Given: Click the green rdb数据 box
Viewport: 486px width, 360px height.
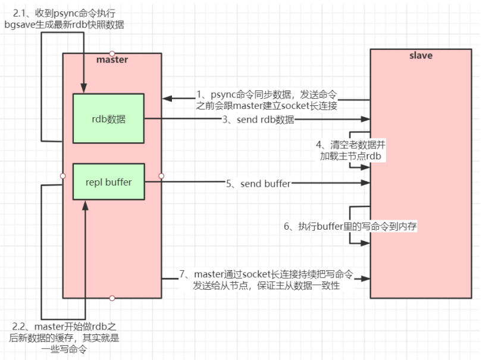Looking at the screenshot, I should tap(109, 118).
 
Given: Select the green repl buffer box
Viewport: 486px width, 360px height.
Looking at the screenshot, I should tap(109, 181).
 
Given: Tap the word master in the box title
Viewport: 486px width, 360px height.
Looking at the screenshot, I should tap(112, 60).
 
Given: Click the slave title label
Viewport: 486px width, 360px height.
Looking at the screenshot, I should tap(421, 56).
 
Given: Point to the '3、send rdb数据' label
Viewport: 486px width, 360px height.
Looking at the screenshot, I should tap(259, 120).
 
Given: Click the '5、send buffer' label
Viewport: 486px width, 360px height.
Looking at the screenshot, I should tap(258, 184).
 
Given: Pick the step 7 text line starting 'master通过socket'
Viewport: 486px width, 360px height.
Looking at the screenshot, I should tap(266, 274).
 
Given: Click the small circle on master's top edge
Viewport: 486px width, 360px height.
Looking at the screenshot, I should tap(112, 54).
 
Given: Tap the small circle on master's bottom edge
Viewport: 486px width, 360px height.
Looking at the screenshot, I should tap(112, 298).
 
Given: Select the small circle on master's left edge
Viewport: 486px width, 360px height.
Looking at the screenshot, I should tap(63, 176).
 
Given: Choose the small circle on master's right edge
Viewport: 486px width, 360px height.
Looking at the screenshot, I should tap(161, 176).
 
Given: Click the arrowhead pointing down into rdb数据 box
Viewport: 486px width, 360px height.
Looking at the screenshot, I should tap(84, 90).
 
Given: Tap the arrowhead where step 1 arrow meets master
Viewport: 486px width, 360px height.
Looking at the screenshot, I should tap(166, 98).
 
